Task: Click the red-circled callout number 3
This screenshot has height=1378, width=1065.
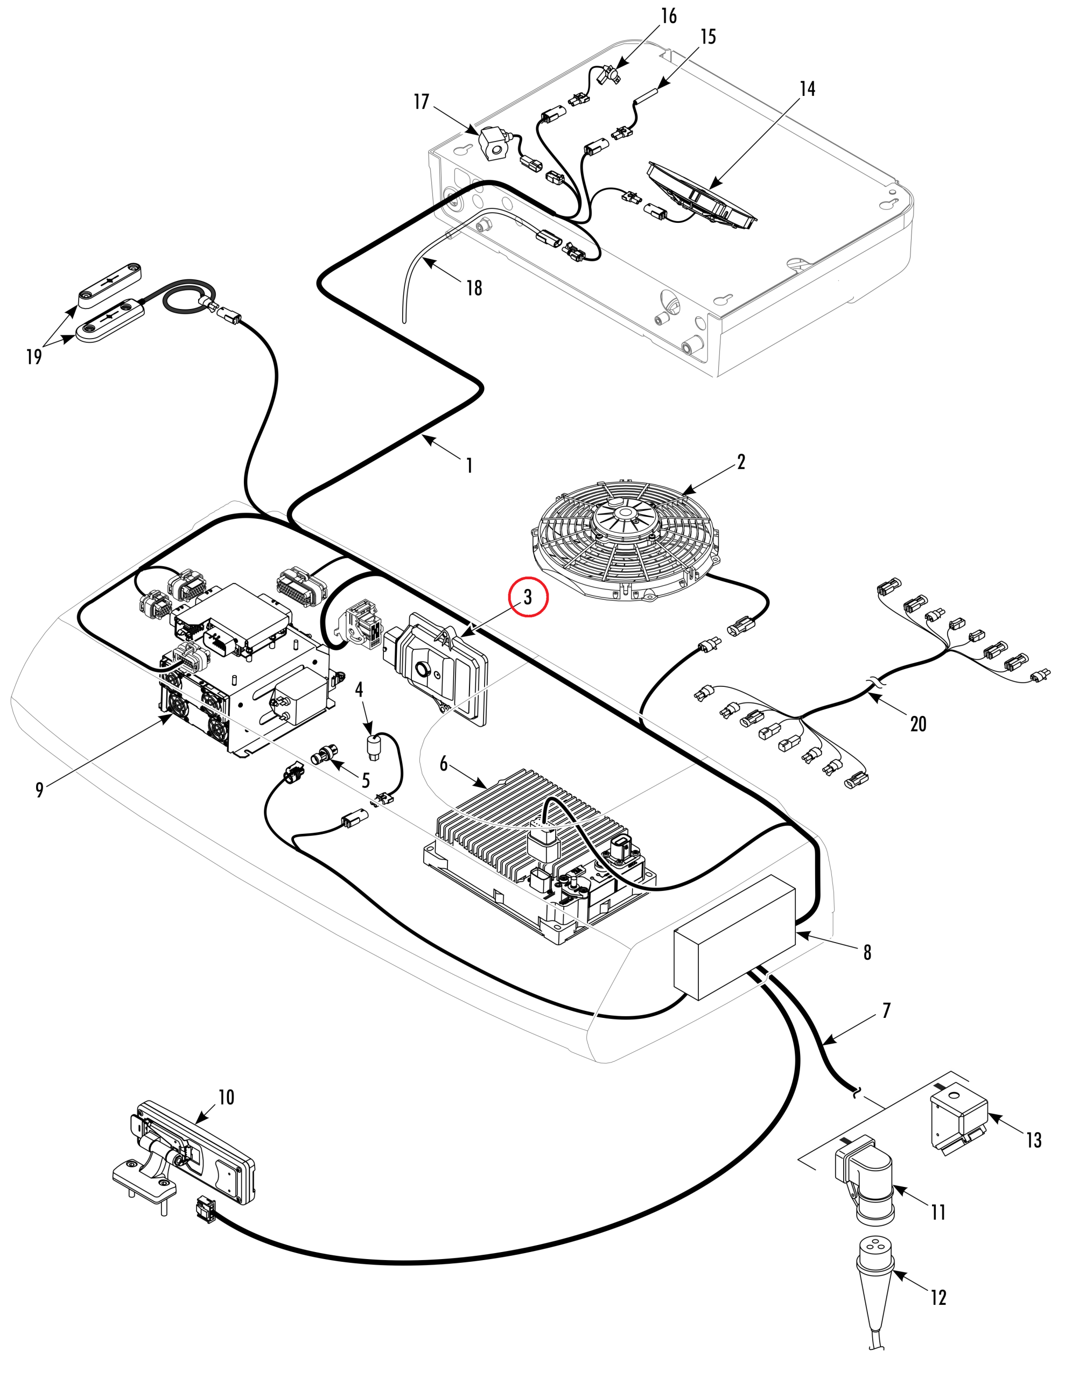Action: coord(528,597)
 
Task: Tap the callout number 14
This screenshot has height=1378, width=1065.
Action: coord(808,89)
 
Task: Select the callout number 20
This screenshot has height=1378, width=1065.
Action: coord(918,723)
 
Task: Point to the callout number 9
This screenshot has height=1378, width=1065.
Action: coord(40,789)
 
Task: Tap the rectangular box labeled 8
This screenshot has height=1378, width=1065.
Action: coord(735,937)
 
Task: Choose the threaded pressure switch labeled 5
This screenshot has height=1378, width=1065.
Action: coord(325,754)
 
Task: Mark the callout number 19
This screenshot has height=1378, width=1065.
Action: coord(34,357)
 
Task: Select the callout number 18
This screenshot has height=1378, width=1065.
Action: coord(474,289)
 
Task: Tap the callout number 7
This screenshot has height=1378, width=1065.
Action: coord(886,1011)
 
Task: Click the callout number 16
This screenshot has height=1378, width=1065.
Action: coord(669,16)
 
